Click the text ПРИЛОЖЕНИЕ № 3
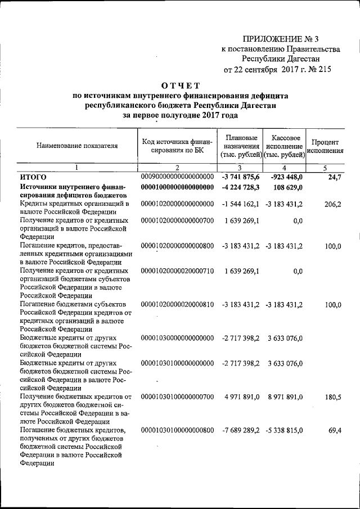click(281, 39)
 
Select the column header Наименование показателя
click(77, 145)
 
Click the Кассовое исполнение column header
click(285, 146)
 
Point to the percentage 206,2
click(332, 204)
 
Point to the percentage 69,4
click(334, 430)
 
